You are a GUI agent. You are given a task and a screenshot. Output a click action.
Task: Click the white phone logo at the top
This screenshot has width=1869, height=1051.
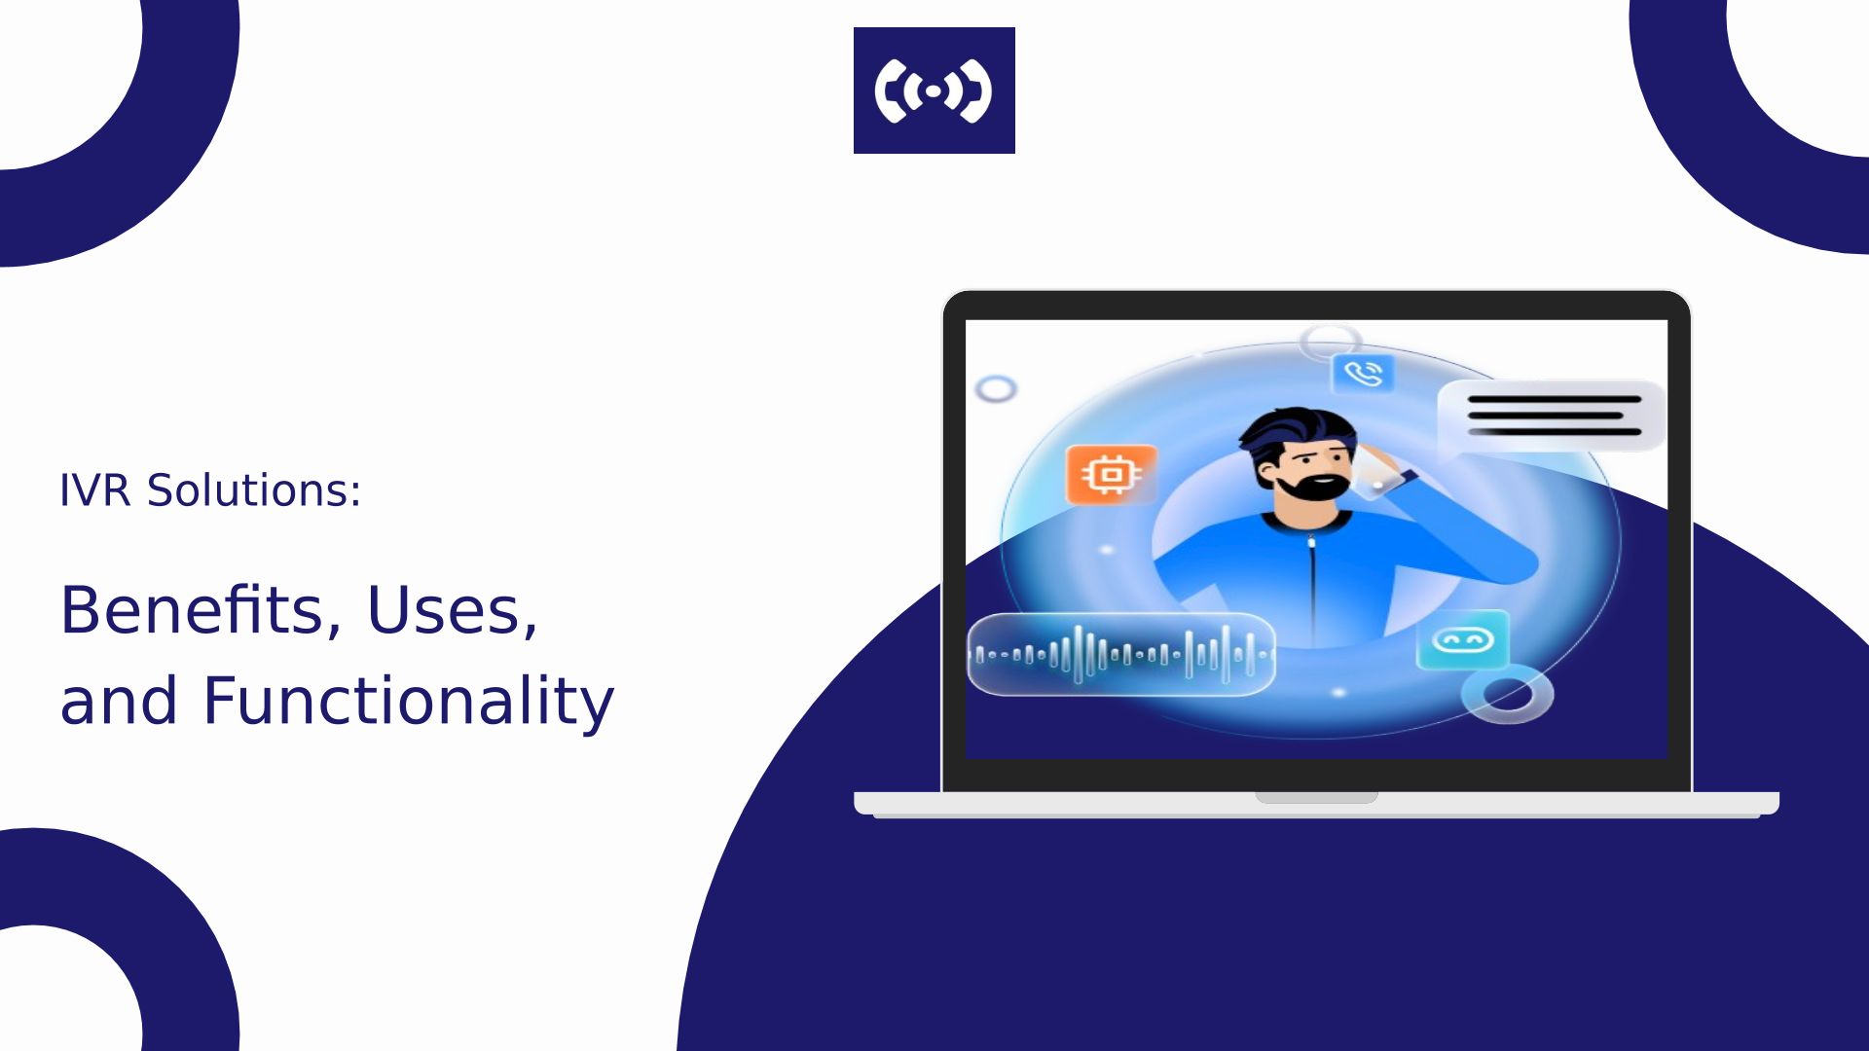coord(934,91)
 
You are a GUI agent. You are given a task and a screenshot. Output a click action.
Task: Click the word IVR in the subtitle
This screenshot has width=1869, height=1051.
coord(95,490)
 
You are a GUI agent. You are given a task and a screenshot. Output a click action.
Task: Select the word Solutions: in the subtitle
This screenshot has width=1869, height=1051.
coord(254,490)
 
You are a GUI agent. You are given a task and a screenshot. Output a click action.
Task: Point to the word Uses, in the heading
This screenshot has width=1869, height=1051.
coord(452,611)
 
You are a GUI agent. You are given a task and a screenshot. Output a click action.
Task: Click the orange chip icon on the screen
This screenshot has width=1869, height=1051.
coord(1112,475)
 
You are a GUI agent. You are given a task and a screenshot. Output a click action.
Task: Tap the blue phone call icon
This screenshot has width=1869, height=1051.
coord(1363,373)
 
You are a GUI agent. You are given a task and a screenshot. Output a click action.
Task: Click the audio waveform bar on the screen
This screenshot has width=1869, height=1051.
coord(1121,654)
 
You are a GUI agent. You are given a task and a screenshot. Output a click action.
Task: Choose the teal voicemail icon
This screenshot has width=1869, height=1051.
coord(1462,640)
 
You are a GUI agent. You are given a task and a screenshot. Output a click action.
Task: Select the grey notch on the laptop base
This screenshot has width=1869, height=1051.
coord(1316,798)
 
